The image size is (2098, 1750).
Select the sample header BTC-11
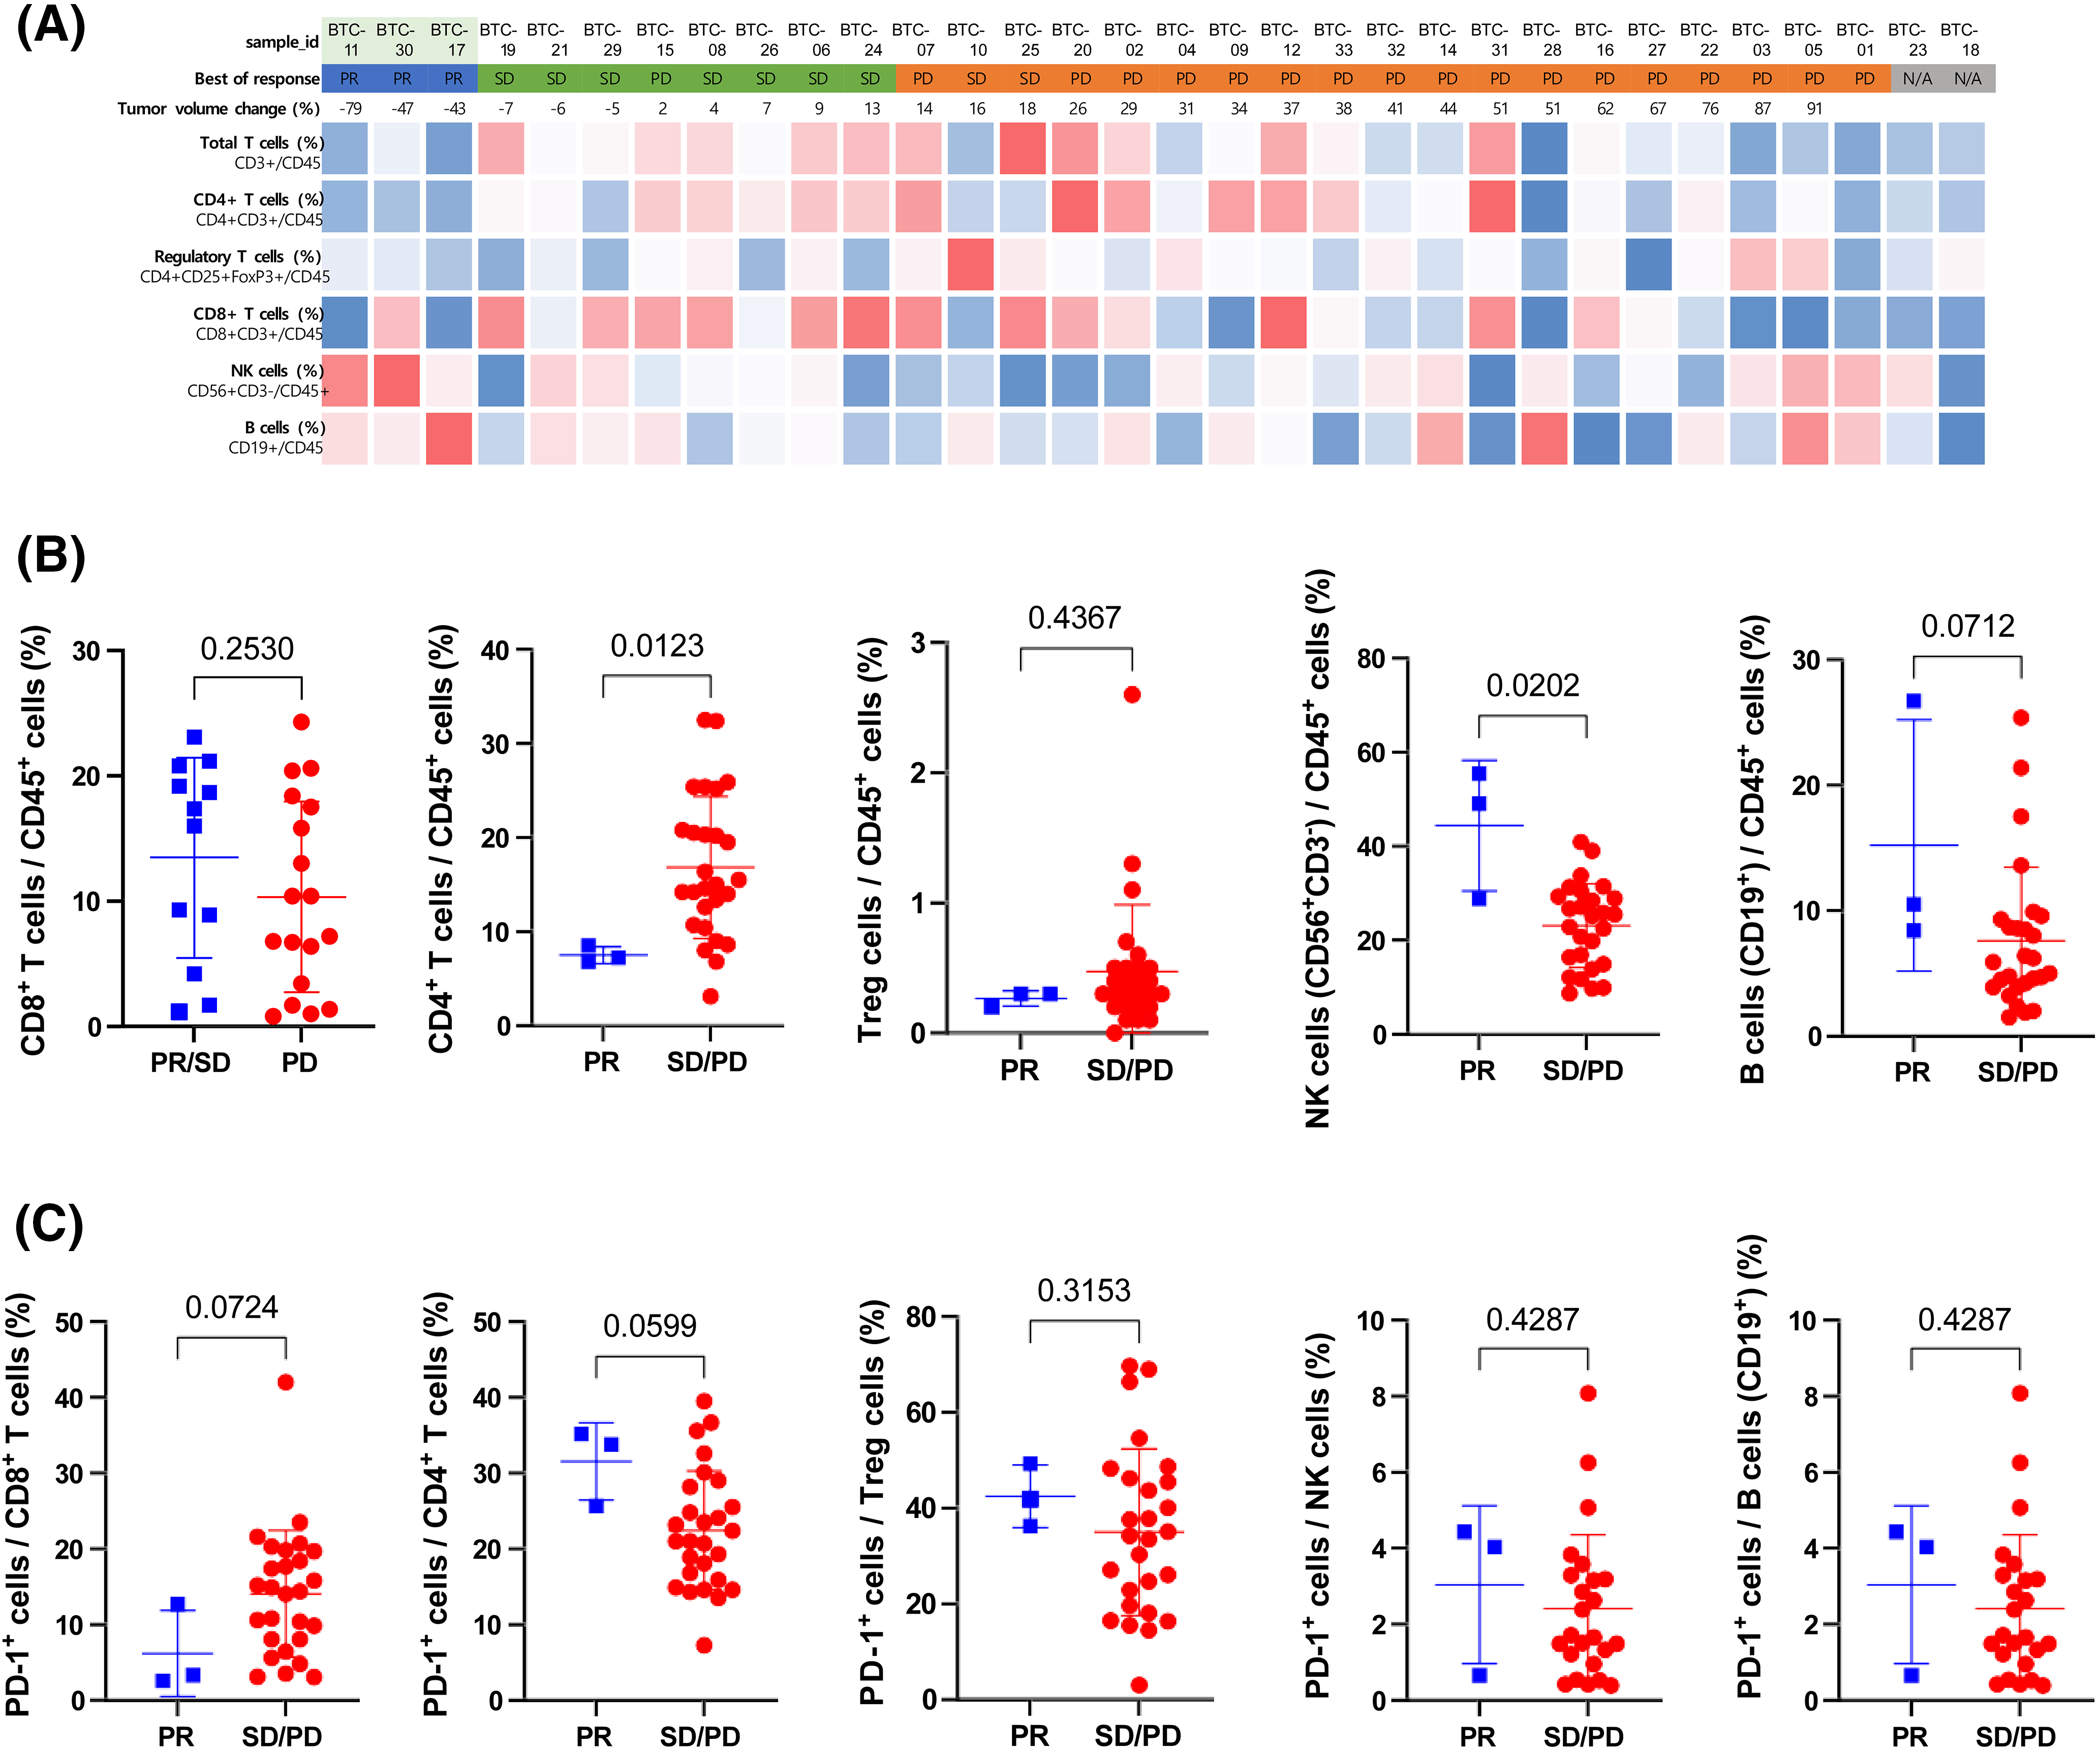coord(349,40)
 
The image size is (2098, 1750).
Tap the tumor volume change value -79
coord(350,108)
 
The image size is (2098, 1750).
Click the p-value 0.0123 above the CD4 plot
coord(656,645)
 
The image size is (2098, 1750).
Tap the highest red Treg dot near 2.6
coord(1132,695)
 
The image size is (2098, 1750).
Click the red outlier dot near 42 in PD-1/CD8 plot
coord(286,1382)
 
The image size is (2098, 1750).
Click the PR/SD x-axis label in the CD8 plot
coord(190,1062)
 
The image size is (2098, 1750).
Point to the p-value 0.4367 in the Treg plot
coord(1074,617)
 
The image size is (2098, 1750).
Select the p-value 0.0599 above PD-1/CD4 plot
coord(650,1326)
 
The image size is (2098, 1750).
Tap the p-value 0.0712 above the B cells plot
coord(1967,627)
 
